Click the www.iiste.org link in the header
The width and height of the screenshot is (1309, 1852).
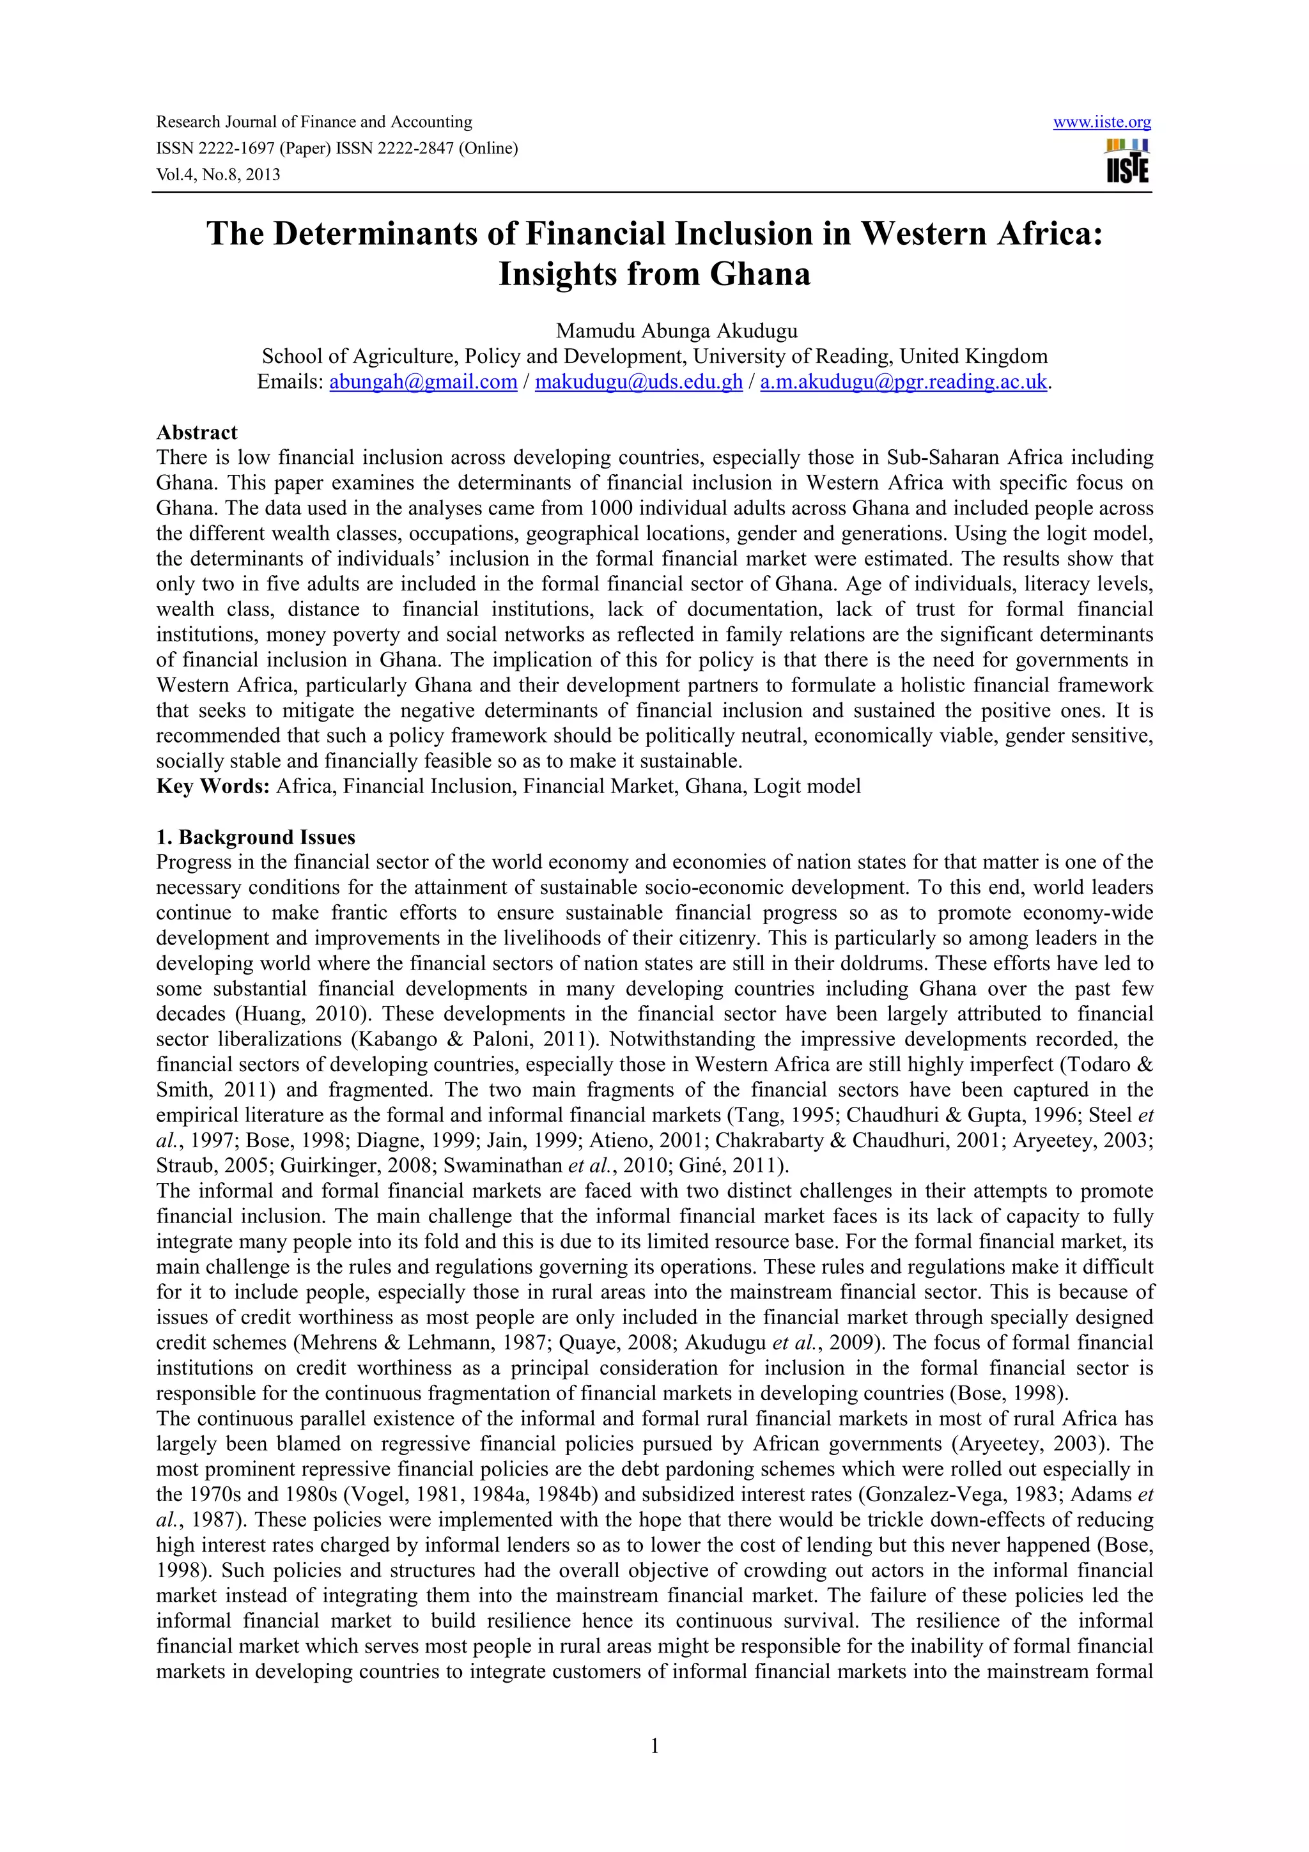tap(1102, 123)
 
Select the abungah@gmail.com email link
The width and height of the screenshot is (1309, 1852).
tap(422, 382)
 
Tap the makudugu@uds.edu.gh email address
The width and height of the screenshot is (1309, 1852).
tap(638, 382)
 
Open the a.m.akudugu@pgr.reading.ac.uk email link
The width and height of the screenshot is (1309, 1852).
tap(903, 382)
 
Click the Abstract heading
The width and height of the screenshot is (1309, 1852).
tap(197, 433)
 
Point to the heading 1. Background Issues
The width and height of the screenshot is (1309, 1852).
tap(256, 837)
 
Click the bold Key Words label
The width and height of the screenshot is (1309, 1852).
tap(212, 787)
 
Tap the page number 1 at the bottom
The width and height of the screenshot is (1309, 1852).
tap(654, 1747)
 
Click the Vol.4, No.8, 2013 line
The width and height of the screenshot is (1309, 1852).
tap(218, 175)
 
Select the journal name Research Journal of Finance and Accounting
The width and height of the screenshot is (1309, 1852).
tap(314, 123)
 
